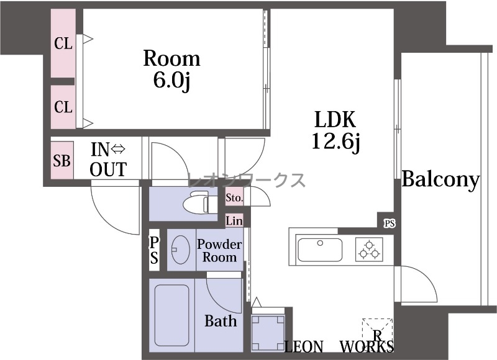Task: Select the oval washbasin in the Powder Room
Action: (x=180, y=250)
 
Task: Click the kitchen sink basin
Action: (x=319, y=250)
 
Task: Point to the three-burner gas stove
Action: (x=369, y=250)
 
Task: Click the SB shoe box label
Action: (x=62, y=161)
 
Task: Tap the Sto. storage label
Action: (x=234, y=198)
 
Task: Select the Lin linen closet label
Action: (x=234, y=221)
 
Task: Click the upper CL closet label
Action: (x=63, y=43)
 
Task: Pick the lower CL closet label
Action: (x=63, y=107)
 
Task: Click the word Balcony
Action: (x=440, y=179)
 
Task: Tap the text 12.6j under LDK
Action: (x=335, y=142)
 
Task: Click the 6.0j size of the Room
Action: (x=171, y=81)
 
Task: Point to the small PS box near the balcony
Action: (x=390, y=223)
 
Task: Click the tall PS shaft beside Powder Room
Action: (x=154, y=250)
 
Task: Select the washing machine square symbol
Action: (x=268, y=333)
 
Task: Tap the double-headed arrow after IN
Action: (x=118, y=148)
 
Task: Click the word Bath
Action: (x=221, y=321)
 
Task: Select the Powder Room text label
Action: (x=219, y=251)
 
